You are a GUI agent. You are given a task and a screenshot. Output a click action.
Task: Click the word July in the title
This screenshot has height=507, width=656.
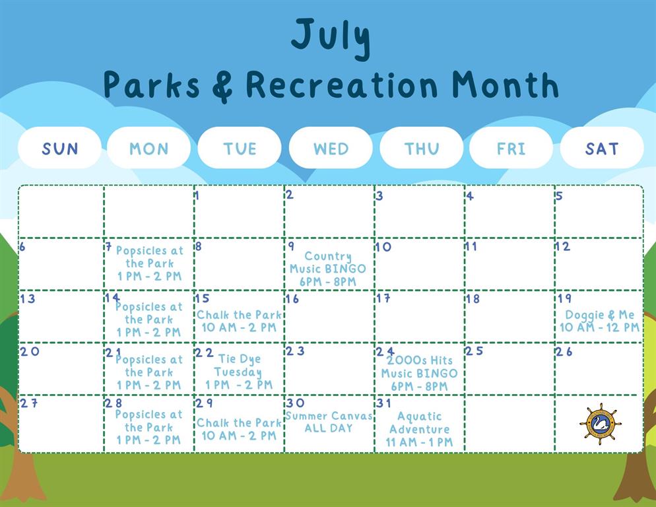click(x=331, y=38)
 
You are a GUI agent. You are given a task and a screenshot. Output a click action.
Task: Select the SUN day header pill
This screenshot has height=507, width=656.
click(x=60, y=148)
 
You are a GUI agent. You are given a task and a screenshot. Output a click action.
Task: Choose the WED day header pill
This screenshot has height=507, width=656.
click(x=331, y=148)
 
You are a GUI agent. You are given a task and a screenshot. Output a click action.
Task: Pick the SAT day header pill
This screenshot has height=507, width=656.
click(x=602, y=148)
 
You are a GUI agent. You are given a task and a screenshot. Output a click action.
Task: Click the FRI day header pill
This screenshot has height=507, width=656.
click(x=511, y=148)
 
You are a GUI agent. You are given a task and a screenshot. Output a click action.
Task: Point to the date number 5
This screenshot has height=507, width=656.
click(x=560, y=195)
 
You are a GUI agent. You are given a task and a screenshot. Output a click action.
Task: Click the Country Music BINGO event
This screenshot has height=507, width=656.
click(x=328, y=269)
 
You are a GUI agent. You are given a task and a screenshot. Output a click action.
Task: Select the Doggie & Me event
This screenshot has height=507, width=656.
click(x=599, y=321)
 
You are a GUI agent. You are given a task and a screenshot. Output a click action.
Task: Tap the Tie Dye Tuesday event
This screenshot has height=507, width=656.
click(x=238, y=372)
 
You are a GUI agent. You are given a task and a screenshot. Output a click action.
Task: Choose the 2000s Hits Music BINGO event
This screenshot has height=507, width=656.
click(x=419, y=374)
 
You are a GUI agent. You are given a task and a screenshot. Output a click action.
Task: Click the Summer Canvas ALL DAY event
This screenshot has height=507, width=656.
click(x=329, y=422)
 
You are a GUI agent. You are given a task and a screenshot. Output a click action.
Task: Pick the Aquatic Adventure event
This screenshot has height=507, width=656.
click(x=419, y=429)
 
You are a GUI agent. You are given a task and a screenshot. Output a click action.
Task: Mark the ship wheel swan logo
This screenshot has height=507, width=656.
click(x=600, y=424)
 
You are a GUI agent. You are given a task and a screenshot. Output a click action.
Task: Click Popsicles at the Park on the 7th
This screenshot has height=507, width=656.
click(x=150, y=263)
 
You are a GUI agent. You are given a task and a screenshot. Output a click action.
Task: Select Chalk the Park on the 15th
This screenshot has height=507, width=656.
click(x=240, y=321)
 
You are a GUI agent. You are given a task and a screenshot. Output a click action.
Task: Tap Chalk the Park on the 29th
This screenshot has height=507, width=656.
click(x=240, y=429)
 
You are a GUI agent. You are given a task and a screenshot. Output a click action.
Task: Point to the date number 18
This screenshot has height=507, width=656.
click(x=473, y=299)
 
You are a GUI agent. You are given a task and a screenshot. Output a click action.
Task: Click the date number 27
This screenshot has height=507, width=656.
click(x=29, y=403)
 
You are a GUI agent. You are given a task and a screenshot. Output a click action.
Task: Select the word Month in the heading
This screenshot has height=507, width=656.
click(x=506, y=85)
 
